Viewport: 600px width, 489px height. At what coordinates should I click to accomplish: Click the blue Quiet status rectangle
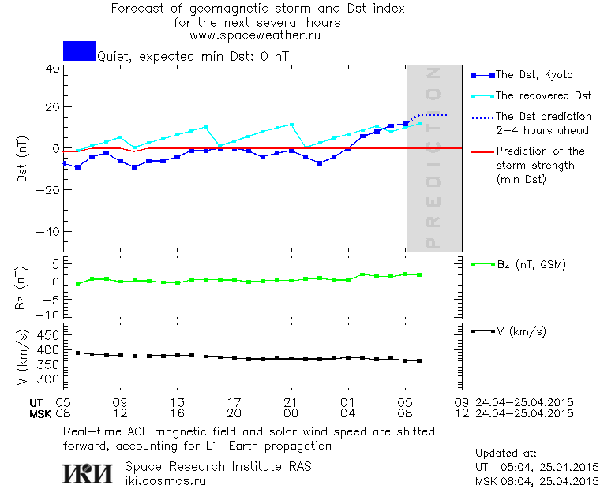(x=79, y=50)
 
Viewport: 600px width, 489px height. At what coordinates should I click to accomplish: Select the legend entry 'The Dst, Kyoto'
(x=534, y=75)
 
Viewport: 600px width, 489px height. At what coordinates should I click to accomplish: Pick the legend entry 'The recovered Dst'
(x=543, y=95)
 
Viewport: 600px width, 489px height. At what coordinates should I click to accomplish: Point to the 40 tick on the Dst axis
(x=52, y=69)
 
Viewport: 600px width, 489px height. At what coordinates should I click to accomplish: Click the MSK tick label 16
(x=178, y=412)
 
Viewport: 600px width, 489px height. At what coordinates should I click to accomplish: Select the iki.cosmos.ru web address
(x=165, y=480)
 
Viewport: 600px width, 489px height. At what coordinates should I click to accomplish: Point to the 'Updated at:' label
(x=505, y=454)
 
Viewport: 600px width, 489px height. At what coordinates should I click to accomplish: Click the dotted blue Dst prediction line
(x=430, y=115)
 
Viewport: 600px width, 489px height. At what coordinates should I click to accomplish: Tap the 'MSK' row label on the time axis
(x=40, y=412)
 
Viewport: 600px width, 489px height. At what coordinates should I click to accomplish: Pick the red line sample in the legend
(x=481, y=151)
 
